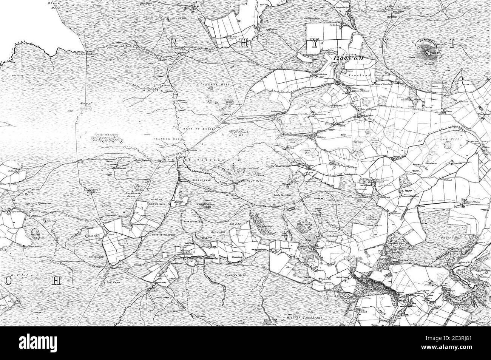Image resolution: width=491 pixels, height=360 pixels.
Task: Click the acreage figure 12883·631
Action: (348, 59)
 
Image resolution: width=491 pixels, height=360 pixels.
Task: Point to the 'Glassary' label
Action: (18, 75)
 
